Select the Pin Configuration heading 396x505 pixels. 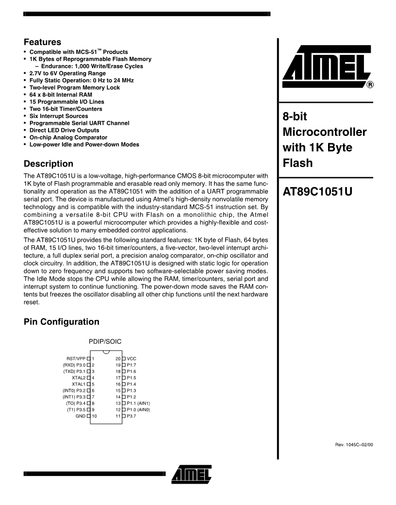[62, 321]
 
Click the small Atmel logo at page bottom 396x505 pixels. [191, 472]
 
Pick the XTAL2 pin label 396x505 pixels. [78, 377]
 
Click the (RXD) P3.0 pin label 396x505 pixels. [74, 365]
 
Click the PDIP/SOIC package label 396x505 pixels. [105, 342]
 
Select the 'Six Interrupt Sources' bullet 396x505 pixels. [59, 116]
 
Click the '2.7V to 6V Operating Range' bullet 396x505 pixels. [67, 73]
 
